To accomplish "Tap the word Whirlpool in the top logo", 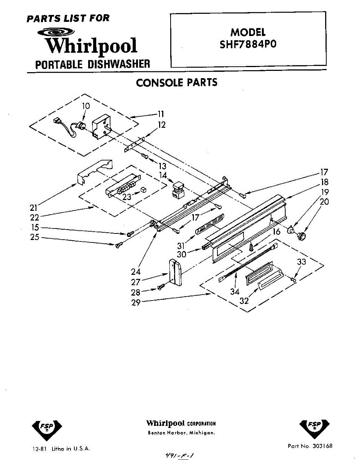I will click(x=91, y=46).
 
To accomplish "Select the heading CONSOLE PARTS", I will click(x=177, y=83).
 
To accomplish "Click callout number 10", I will click(x=86, y=106).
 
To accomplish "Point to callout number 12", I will click(x=162, y=125).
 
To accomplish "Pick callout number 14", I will click(x=163, y=175).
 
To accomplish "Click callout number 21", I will click(x=34, y=208).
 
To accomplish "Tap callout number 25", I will click(x=35, y=237).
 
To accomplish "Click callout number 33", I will click(x=302, y=262).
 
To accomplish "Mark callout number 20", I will click(x=324, y=201).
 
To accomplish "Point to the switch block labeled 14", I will click(x=178, y=191).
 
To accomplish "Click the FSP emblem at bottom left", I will click(x=46, y=428).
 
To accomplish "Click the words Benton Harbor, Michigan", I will click(x=181, y=433).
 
